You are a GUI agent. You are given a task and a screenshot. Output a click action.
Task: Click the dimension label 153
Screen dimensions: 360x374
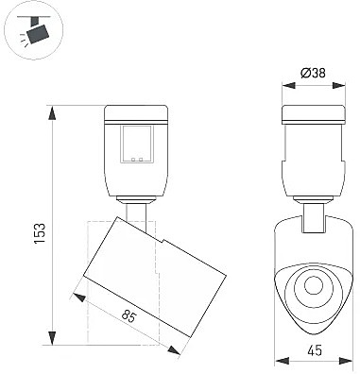tap(40, 233)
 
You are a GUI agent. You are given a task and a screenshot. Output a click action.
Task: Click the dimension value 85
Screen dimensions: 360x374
tap(129, 316)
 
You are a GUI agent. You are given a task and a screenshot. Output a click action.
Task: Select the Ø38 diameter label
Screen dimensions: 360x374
tap(313, 74)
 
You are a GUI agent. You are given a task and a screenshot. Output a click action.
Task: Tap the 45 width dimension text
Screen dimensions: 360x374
tap(314, 350)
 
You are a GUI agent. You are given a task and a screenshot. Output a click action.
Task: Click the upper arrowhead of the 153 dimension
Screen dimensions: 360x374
tap(52, 113)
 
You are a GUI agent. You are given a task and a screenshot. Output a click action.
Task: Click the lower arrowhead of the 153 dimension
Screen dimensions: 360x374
tap(52, 338)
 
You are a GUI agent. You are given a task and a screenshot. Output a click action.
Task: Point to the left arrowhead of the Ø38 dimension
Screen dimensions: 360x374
tap(289, 86)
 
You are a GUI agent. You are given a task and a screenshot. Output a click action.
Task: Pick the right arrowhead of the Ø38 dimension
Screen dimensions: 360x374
tap(339, 86)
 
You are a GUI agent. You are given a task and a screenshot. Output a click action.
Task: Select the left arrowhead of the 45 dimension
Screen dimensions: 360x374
tap(282, 361)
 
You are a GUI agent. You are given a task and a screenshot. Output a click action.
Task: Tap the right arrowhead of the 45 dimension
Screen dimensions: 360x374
tap(345, 361)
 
